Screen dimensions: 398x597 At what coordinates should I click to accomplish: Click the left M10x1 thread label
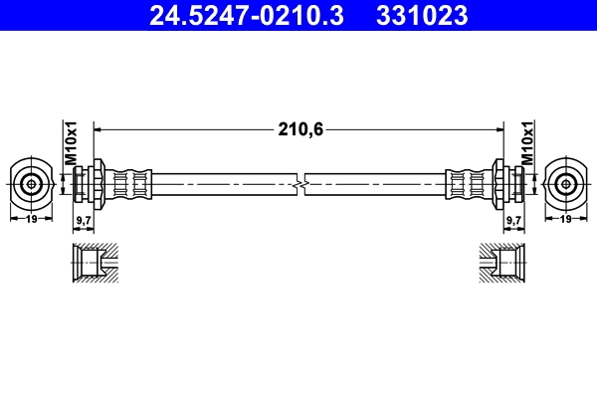pyautogui.click(x=71, y=145)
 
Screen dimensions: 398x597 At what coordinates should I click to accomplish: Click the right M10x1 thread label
pyautogui.click(x=528, y=145)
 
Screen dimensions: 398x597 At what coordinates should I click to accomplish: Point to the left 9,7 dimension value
pyautogui.click(x=85, y=218)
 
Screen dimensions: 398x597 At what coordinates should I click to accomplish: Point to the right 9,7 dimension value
pyautogui.click(x=513, y=218)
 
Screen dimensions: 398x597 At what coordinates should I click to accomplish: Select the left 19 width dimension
pyautogui.click(x=33, y=218)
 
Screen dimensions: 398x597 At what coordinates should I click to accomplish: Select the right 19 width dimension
pyautogui.click(x=565, y=218)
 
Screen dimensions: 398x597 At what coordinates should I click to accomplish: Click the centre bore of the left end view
pyautogui.click(x=33, y=183)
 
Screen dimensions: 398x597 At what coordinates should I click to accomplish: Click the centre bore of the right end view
pyautogui.click(x=565, y=183)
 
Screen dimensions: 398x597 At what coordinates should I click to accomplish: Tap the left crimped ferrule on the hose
pyautogui.click(x=130, y=183)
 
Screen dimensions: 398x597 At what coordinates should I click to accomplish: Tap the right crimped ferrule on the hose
pyautogui.click(x=467, y=183)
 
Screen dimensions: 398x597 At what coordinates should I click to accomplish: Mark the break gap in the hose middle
pyautogui.click(x=300, y=183)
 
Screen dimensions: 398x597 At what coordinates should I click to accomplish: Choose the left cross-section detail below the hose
pyautogui.click(x=96, y=264)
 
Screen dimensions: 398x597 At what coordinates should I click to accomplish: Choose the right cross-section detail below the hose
pyautogui.click(x=502, y=264)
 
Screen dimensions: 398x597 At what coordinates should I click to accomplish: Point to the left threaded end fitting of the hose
pyautogui.click(x=87, y=183)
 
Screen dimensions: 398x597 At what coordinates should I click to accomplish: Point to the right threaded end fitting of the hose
pyautogui.click(x=510, y=183)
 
